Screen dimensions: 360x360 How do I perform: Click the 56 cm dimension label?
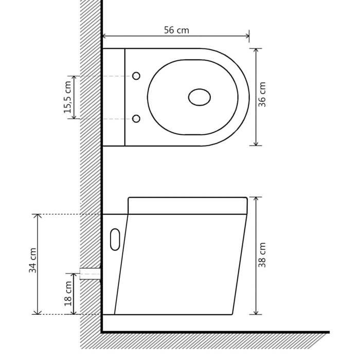[176, 30]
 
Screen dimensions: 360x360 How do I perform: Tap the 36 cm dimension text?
[262, 95]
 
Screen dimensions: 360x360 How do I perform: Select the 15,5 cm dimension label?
[67, 97]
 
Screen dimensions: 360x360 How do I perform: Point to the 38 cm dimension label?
[262, 255]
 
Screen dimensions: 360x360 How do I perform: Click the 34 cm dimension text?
[32, 260]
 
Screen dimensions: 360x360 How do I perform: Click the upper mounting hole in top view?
[136, 76]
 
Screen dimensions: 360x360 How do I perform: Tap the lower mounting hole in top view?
[136, 119]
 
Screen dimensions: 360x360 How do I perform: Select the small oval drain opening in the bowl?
[200, 97]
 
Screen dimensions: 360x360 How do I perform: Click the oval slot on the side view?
[115, 239]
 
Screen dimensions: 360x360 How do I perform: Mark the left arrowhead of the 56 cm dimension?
[105, 36]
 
